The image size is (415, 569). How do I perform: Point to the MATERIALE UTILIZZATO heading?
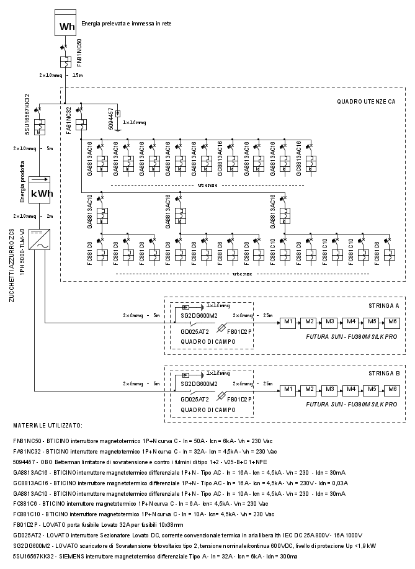coord(47,426)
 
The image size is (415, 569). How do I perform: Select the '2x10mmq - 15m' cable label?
coord(60,75)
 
